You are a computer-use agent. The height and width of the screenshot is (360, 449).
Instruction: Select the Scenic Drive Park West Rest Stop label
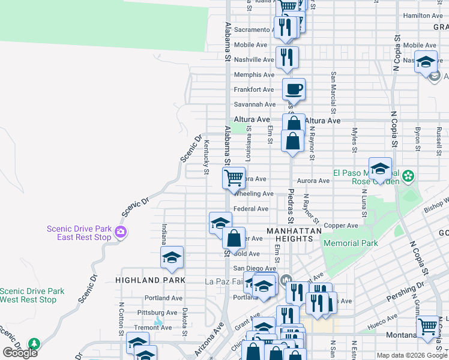coord(36,295)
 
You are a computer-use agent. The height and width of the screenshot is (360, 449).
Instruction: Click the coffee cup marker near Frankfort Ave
coord(294,89)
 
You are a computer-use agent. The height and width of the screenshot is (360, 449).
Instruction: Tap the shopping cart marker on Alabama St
coord(234,177)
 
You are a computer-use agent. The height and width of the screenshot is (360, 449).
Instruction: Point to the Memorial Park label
coord(351,243)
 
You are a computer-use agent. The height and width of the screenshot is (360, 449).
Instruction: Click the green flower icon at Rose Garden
coord(408,176)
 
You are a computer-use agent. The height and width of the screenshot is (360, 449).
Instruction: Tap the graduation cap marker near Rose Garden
coord(380,169)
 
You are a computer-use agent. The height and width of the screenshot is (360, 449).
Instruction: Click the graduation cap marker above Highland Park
coord(172,257)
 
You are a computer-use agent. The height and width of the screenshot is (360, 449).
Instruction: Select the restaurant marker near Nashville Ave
coord(287,57)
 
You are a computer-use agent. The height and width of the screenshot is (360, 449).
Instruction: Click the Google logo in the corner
coord(20,353)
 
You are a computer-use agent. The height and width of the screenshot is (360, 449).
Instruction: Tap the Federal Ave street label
coord(251,209)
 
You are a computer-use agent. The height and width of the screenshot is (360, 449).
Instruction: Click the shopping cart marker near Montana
coord(427,327)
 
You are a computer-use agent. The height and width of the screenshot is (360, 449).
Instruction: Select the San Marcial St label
coord(333,93)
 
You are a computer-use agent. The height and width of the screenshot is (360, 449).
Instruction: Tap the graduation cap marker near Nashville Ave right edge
coord(426,62)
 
